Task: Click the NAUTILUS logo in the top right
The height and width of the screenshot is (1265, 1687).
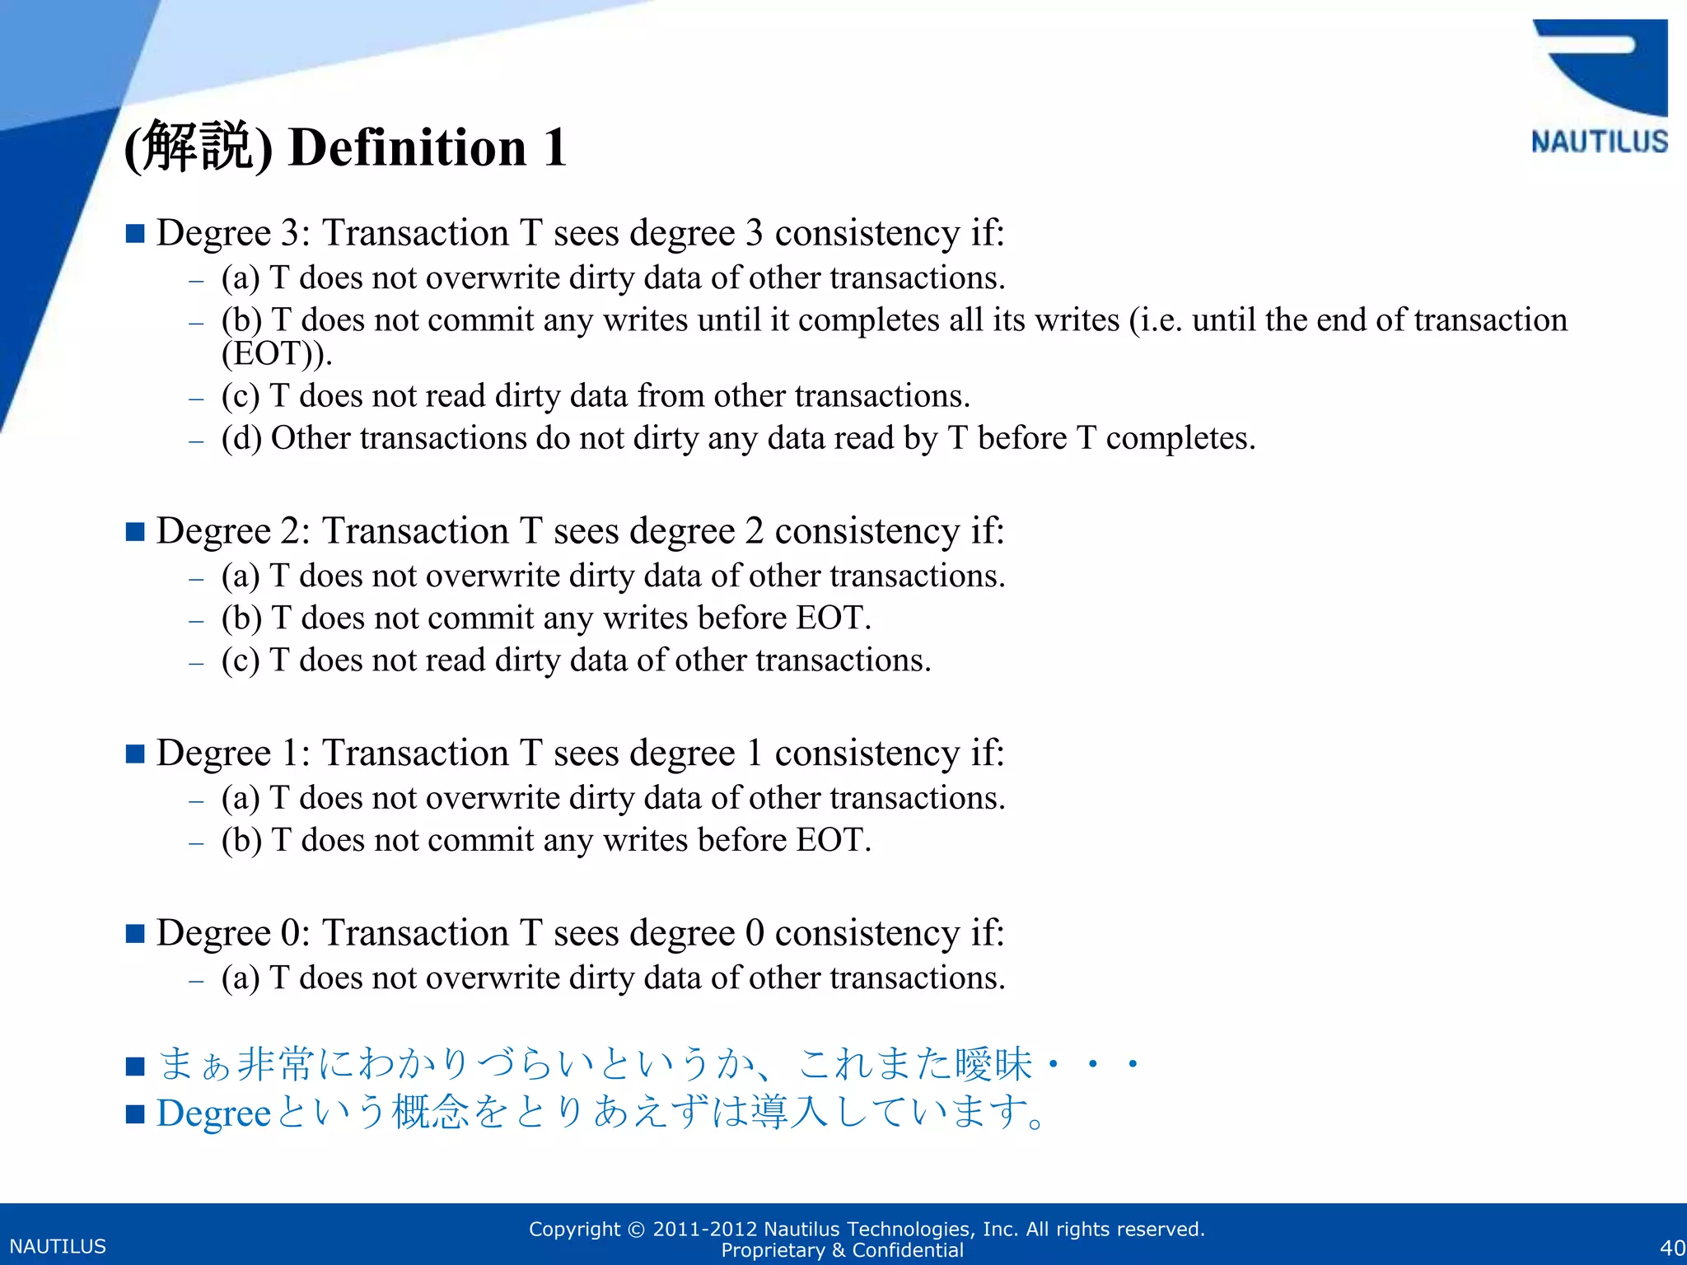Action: coord(1599,86)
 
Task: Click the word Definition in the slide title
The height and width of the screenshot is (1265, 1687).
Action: coord(407,148)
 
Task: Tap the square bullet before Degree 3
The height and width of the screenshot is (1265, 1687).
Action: coord(135,233)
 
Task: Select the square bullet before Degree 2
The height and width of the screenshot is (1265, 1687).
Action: coord(135,531)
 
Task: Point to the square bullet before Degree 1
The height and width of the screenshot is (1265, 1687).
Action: coord(135,754)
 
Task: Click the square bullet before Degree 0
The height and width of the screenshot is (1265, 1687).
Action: coord(135,933)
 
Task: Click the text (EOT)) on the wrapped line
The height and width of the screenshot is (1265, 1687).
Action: coord(277,354)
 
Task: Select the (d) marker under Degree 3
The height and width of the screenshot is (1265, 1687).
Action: coord(241,438)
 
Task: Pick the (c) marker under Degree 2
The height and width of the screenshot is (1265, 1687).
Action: coord(241,661)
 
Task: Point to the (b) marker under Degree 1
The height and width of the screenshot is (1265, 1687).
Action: coord(241,840)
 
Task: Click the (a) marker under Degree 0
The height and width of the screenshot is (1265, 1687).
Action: coord(241,978)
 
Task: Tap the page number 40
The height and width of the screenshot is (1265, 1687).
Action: coord(1672,1247)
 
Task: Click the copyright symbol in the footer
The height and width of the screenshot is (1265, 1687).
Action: coord(637,1230)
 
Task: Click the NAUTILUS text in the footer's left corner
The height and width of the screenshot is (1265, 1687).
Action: coord(58,1246)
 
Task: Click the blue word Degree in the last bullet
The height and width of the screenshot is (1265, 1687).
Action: coord(213,1113)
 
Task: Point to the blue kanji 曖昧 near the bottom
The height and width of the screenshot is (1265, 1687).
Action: coord(993,1063)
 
